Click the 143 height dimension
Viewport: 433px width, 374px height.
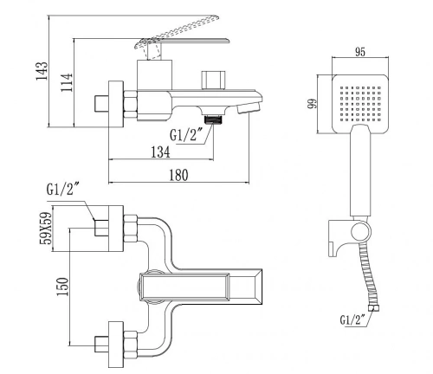tap(42, 71)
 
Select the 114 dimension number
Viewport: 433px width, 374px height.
tap(66, 82)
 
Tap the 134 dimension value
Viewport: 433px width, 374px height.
tap(161, 152)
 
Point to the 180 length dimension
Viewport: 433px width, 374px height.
tap(178, 175)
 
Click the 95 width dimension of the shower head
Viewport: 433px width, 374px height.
tap(360, 52)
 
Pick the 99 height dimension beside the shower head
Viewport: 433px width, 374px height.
tap(313, 104)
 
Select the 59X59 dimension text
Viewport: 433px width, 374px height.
tap(46, 229)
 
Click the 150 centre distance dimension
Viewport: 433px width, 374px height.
tap(62, 287)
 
